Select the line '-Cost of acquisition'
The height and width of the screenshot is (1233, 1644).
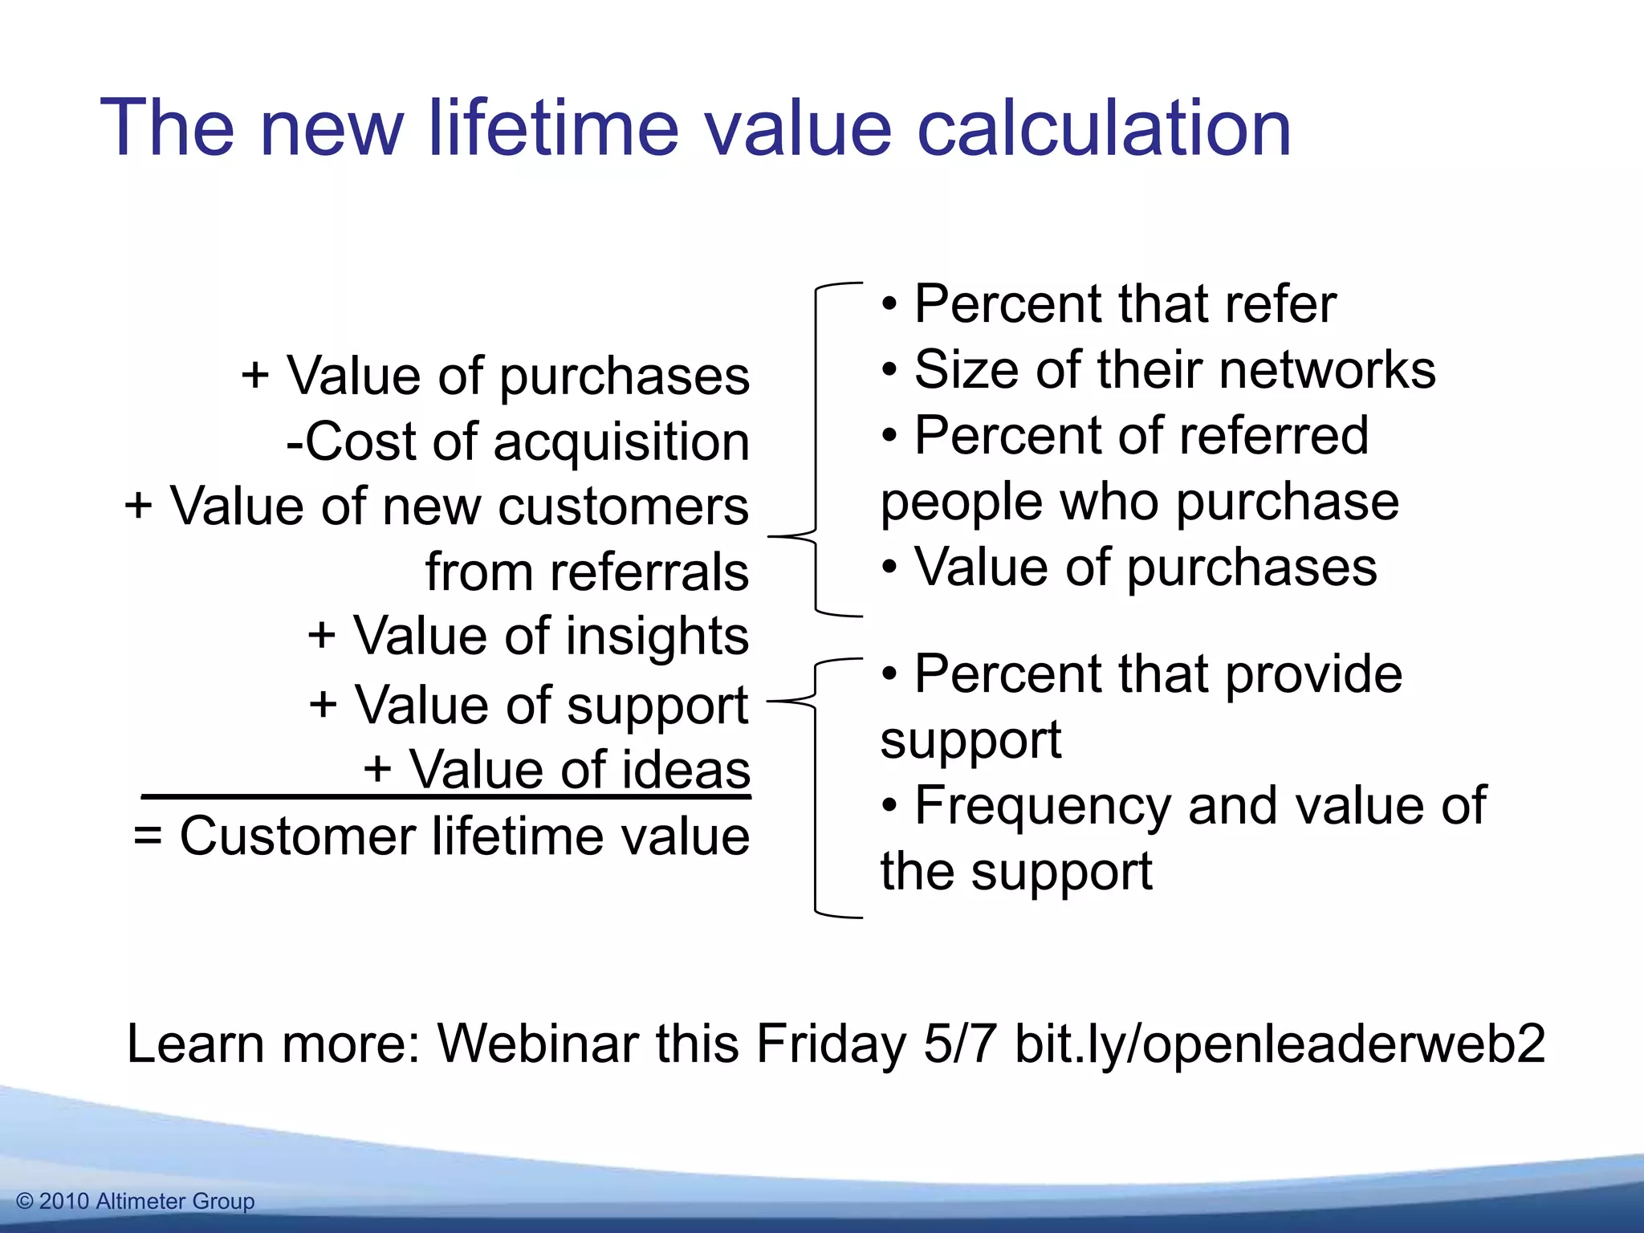tap(518, 442)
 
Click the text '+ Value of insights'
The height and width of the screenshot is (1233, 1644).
tap(528, 636)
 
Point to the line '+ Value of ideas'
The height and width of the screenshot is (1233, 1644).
tap(557, 769)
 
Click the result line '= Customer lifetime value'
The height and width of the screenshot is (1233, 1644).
tap(442, 836)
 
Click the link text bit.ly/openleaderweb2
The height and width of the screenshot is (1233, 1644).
tap(1280, 1044)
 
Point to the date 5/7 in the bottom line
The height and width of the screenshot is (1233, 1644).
tap(960, 1044)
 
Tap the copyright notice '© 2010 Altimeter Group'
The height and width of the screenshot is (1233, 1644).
tap(136, 1202)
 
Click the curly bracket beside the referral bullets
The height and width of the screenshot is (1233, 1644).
tap(816, 450)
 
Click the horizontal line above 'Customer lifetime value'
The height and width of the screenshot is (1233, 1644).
tap(446, 797)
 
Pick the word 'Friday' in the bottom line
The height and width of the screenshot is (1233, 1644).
tap(832, 1044)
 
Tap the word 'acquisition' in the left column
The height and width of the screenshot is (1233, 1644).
tap(621, 442)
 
